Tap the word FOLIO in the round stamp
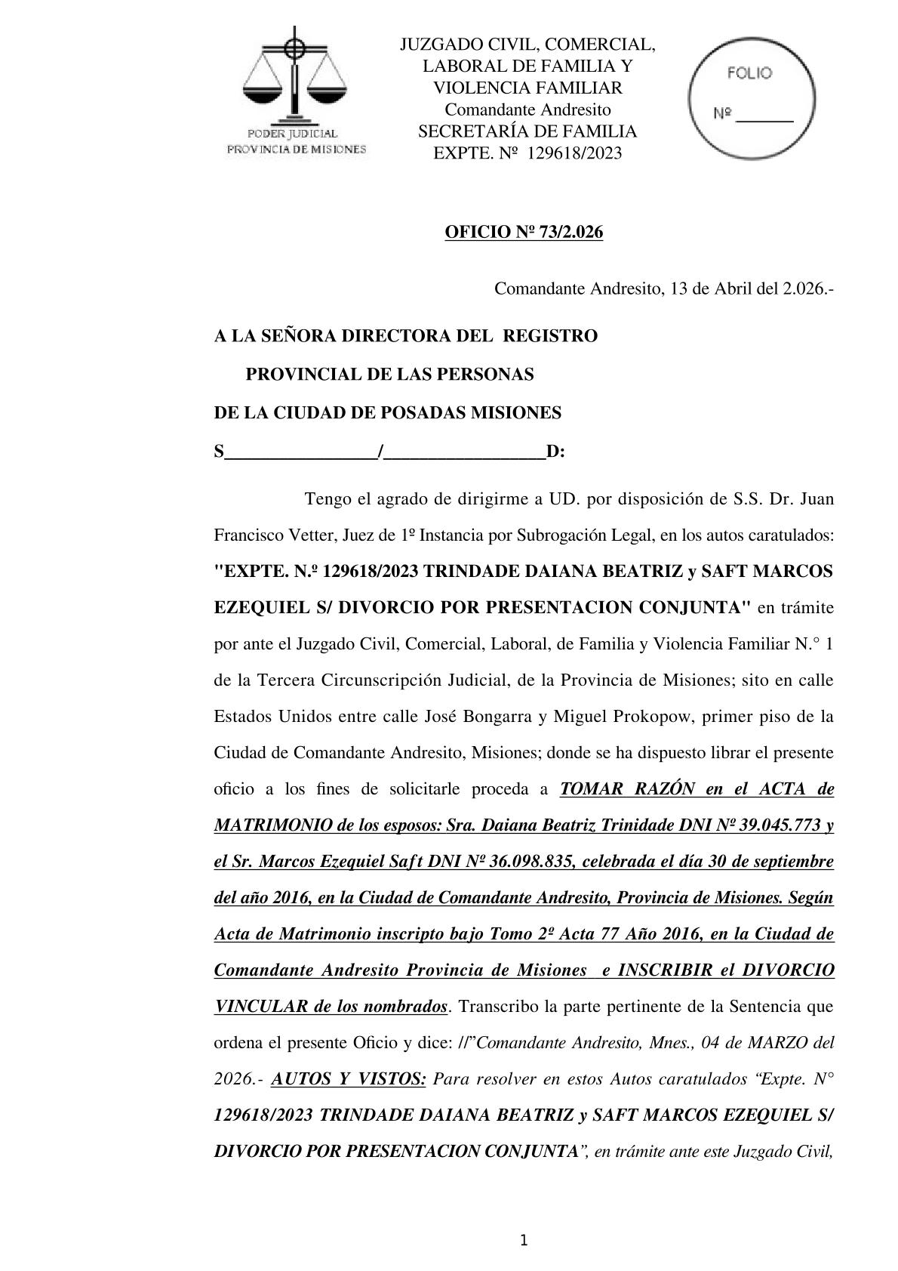(749, 73)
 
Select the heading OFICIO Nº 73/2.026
(524, 233)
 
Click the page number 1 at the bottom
(524, 1240)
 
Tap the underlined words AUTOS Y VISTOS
(348, 1078)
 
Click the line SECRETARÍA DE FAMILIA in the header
(527, 131)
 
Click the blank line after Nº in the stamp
(764, 117)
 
